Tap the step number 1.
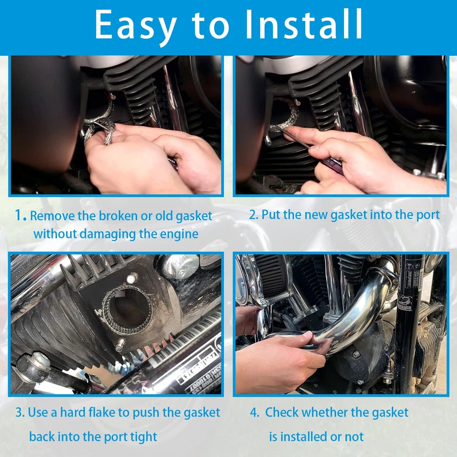[x=20, y=216]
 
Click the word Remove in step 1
[x=52, y=216]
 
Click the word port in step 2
[x=426, y=214]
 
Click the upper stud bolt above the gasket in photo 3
[x=132, y=278]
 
